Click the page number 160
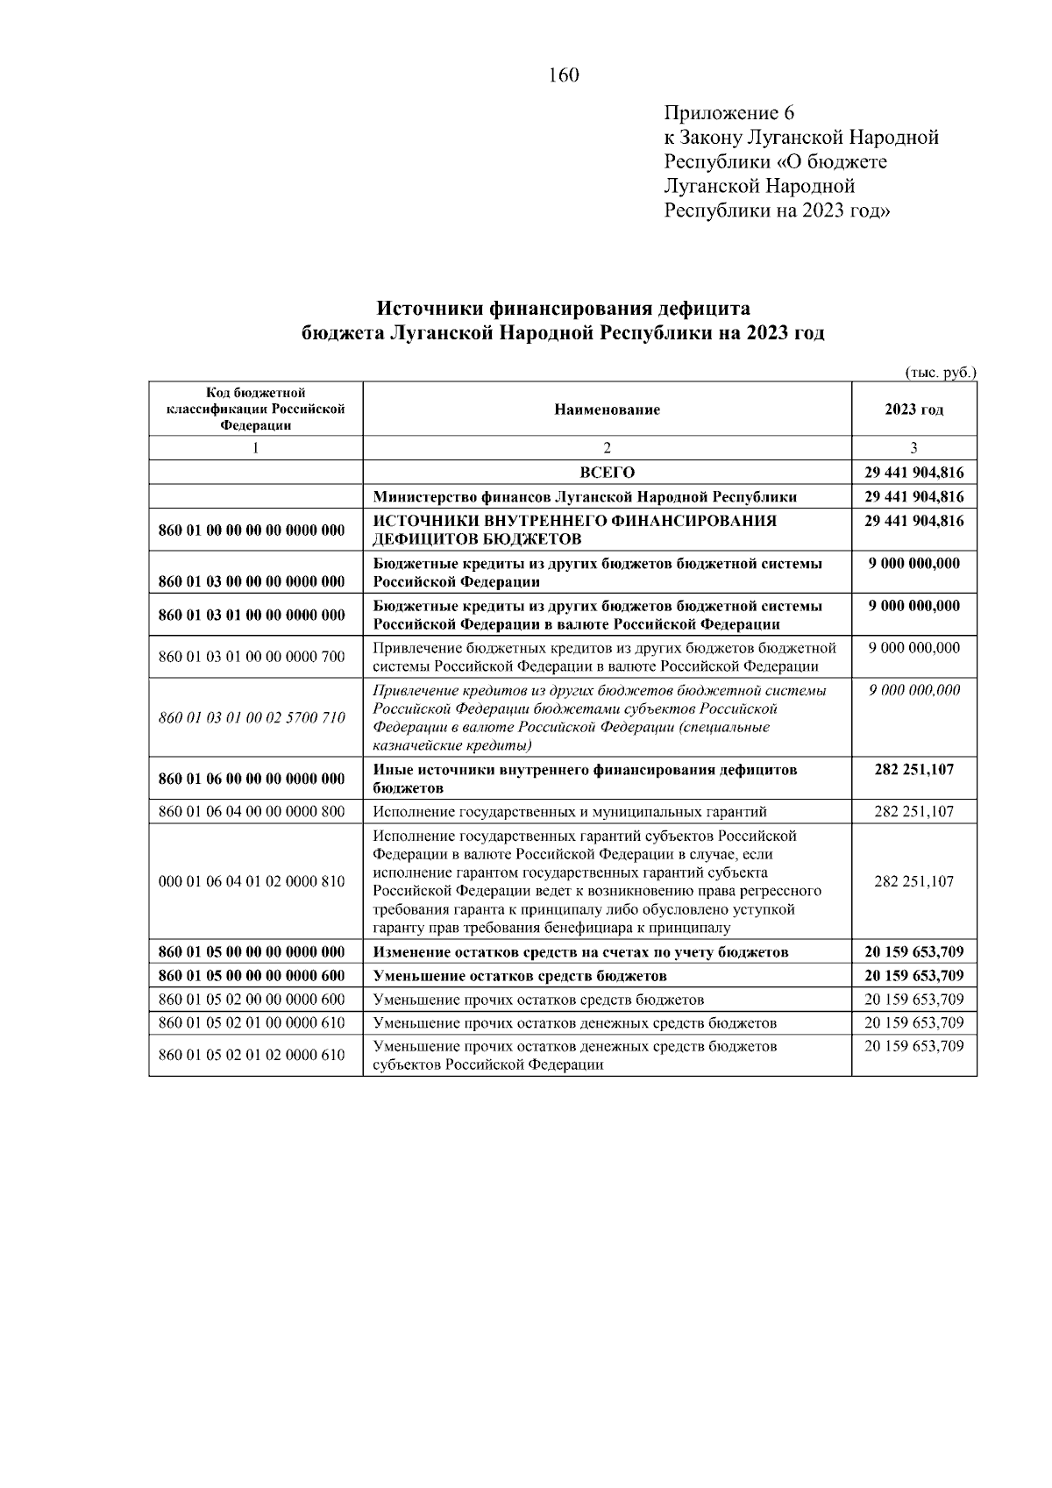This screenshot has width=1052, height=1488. (x=564, y=75)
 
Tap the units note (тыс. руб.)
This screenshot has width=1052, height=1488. (x=940, y=372)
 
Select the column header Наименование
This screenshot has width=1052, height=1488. (x=607, y=409)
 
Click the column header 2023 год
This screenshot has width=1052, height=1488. (x=913, y=409)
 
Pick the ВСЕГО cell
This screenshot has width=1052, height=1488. (x=607, y=473)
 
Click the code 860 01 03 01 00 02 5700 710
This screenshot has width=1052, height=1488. (x=252, y=717)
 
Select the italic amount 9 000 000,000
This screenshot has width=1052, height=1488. (x=913, y=690)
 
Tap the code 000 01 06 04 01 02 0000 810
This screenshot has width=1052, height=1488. (x=252, y=881)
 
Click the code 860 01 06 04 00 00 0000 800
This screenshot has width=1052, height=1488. (x=252, y=811)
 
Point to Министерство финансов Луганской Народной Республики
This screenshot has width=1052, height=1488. (x=585, y=497)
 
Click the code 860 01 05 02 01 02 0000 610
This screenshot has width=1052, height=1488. (x=252, y=1055)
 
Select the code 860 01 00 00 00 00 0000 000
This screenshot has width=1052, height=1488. (x=252, y=530)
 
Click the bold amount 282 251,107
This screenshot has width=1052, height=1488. (x=913, y=769)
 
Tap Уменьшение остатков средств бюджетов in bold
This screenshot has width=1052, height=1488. (x=520, y=976)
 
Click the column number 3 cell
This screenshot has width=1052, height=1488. (x=913, y=448)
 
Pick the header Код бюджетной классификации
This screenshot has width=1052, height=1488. (x=255, y=409)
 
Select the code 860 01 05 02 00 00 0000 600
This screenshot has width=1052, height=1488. (x=252, y=1000)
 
